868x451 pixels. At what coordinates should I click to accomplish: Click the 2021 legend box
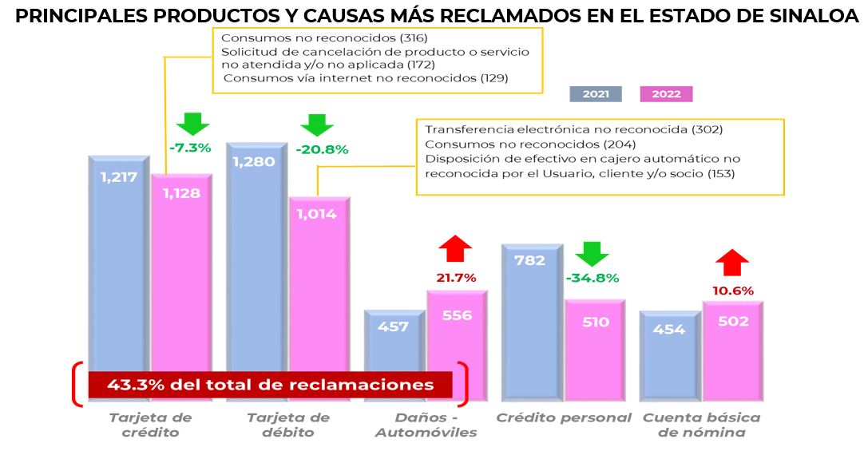pyautogui.click(x=595, y=94)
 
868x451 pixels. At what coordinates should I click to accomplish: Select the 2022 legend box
pyautogui.click(x=666, y=94)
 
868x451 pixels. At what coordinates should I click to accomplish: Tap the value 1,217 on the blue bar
pyautogui.click(x=120, y=177)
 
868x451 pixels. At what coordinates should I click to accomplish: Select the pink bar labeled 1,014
pyautogui.click(x=319, y=279)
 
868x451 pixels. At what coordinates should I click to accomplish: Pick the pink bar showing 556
pyautogui.click(x=457, y=335)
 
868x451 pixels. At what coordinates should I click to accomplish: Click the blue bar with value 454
pyautogui.click(x=669, y=351)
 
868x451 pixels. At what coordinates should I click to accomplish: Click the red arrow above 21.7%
pyautogui.click(x=456, y=249)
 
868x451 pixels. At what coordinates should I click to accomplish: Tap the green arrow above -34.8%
pyautogui.click(x=593, y=254)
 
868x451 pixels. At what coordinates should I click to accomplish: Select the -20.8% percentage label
pyautogui.click(x=322, y=149)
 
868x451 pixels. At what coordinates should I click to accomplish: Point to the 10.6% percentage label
pyautogui.click(x=732, y=291)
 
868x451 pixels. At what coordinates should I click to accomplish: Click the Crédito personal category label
pyautogui.click(x=564, y=417)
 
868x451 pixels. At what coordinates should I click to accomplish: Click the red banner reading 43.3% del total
pyautogui.click(x=269, y=385)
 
